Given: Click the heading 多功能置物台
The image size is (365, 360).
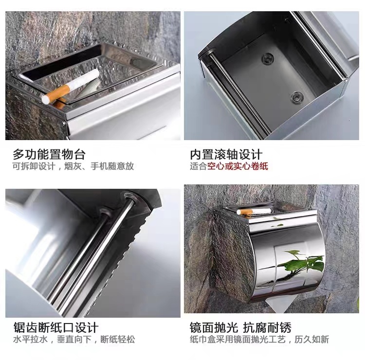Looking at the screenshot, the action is tap(49, 154).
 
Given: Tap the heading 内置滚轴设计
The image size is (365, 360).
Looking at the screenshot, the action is tap(226, 154).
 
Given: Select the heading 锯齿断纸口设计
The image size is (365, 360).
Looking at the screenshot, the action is tap(56, 328).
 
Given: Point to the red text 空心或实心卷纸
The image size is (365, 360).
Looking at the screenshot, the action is tap(237, 166).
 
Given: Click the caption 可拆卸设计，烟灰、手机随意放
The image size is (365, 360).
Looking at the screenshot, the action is tap(73, 166).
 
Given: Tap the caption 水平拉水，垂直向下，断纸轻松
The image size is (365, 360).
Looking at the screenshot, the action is tap(74, 339).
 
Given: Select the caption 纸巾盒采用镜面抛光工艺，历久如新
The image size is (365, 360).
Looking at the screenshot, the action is tap(259, 339).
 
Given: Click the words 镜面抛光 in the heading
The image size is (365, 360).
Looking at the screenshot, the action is tap(214, 328).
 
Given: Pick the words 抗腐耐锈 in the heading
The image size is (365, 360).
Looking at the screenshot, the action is tap(267, 328).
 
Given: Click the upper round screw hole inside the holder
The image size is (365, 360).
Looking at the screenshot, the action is tap(268, 58).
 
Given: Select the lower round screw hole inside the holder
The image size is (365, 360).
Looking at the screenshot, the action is tap(297, 97).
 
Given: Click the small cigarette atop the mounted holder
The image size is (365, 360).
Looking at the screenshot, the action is tap(254, 211).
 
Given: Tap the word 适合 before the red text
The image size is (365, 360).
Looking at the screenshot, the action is tap(199, 166).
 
